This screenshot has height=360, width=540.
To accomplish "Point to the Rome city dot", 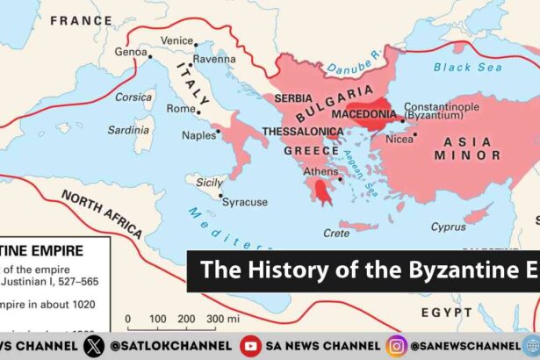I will (200, 112).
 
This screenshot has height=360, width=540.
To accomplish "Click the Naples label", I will (198, 135).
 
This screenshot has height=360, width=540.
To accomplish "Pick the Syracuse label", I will (245, 202).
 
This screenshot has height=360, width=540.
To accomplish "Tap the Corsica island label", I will (133, 97).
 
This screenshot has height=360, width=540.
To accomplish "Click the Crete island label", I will (336, 233).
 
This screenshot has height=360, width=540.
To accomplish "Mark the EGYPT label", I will (449, 313).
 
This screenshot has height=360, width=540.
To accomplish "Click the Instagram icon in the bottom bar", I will (396, 346).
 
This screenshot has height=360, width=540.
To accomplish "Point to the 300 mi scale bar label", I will (220, 318).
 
